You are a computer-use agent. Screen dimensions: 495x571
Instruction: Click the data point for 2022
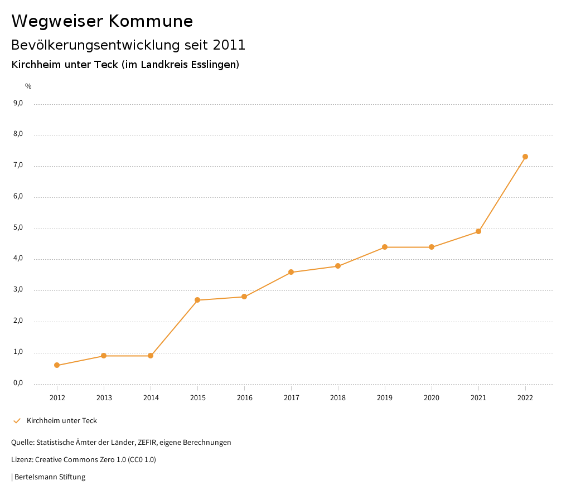click(525, 157)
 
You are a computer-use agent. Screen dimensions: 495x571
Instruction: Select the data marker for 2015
click(197, 300)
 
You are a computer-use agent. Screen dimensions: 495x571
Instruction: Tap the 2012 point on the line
click(57, 365)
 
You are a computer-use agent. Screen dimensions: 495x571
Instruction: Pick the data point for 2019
click(385, 247)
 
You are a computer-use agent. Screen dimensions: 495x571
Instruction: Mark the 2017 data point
click(291, 272)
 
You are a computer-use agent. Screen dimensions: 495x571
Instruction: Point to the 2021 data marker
click(478, 231)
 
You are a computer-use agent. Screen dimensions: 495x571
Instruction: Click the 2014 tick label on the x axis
click(151, 397)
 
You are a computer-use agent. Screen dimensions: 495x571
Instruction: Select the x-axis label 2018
click(338, 397)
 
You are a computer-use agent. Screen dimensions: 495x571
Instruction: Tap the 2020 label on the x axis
click(432, 397)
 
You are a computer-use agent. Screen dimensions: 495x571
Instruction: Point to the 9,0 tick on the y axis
click(18, 103)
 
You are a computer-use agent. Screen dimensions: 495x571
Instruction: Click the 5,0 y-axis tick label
click(18, 227)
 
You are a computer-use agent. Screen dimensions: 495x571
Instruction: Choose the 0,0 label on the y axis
click(18, 383)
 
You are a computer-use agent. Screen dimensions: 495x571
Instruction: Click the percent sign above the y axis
click(28, 86)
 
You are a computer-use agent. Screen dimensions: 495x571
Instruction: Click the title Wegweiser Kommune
click(102, 21)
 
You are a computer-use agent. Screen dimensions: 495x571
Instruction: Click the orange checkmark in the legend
click(17, 420)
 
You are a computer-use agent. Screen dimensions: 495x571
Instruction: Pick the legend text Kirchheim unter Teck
click(62, 420)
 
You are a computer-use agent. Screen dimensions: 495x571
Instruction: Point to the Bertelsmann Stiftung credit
click(50, 477)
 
